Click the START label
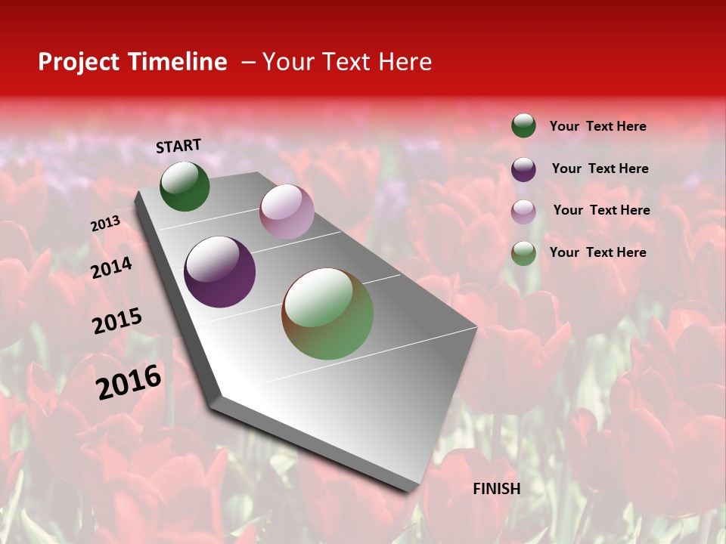(178, 146)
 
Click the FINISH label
(496, 489)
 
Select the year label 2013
(105, 224)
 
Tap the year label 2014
(111, 267)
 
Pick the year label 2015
(116, 321)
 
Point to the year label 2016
(129, 382)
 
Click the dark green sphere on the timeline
(185, 187)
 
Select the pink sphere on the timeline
(287, 212)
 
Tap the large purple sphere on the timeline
(219, 272)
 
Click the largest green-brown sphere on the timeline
(327, 314)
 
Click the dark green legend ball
(523, 125)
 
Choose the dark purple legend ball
(523, 169)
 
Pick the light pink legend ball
(523, 212)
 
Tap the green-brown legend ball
(523, 253)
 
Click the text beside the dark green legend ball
(597, 127)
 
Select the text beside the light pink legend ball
(601, 210)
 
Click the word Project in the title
(78, 62)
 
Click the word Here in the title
(405, 62)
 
